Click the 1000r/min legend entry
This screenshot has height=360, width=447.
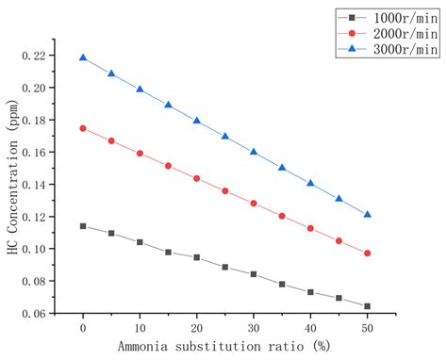click(x=389, y=17)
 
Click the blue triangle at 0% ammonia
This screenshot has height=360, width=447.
click(x=83, y=57)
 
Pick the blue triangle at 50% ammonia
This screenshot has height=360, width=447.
click(x=367, y=214)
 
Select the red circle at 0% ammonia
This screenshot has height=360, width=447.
click(x=83, y=128)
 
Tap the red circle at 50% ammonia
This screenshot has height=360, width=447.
click(x=367, y=254)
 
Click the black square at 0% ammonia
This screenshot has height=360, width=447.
click(x=83, y=226)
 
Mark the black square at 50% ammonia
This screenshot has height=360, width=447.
click(x=367, y=305)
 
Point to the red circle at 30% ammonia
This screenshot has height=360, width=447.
click(x=254, y=204)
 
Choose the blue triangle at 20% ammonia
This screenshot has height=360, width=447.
click(x=197, y=121)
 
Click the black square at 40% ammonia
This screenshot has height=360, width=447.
click(x=310, y=292)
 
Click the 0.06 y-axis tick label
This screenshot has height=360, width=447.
click(x=43, y=313)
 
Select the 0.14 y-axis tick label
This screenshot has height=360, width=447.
click(x=43, y=185)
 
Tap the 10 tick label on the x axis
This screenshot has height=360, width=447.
click(x=140, y=329)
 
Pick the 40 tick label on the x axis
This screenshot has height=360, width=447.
click(x=310, y=329)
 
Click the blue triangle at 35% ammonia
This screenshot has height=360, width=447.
click(x=282, y=168)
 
